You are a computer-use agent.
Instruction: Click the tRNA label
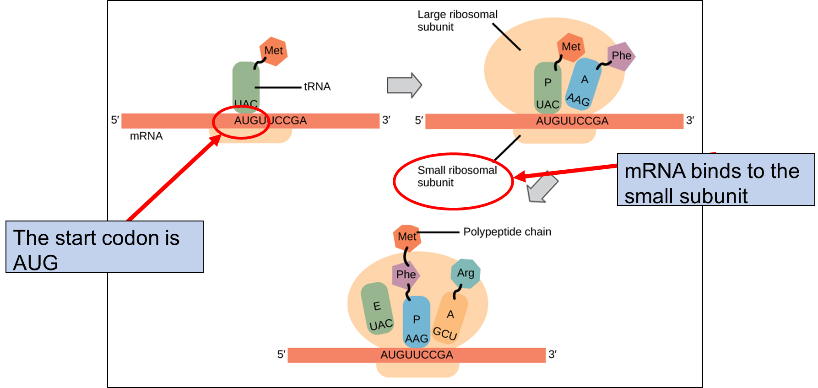[317, 86]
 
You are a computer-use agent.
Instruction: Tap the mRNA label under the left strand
[146, 136]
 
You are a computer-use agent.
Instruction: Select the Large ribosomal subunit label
[457, 21]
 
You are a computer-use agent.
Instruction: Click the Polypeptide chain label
[507, 232]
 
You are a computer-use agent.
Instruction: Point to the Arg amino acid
[466, 273]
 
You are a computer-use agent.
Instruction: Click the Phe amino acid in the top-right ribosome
[621, 56]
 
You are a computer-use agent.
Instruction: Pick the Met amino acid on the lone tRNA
[274, 51]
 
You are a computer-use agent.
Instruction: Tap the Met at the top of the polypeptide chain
[407, 237]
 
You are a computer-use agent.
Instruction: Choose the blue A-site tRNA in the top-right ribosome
[582, 85]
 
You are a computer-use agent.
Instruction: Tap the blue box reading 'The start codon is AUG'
[105, 247]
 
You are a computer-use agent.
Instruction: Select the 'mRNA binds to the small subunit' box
[715, 180]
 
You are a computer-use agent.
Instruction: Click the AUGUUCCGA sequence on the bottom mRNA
[417, 355]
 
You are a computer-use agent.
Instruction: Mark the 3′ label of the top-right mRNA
[690, 120]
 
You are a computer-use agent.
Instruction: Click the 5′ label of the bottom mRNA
[281, 355]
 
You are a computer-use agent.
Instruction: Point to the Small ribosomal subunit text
[456, 177]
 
